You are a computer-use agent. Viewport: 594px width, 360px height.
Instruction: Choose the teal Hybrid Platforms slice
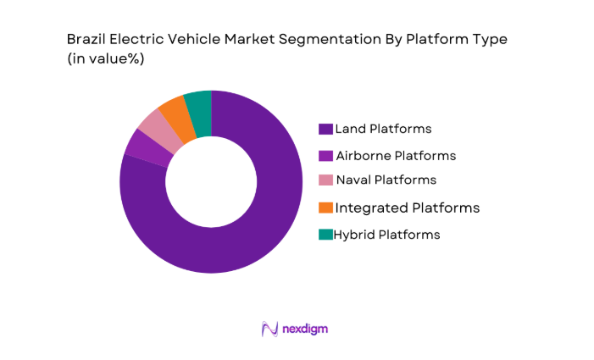click(198, 102)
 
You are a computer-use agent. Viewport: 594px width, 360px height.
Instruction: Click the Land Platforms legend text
click(383, 129)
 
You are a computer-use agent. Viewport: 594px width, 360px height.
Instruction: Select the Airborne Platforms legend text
click(396, 156)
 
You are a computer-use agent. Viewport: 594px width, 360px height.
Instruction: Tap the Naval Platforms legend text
click(386, 180)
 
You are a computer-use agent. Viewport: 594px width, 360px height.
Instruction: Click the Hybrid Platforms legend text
click(386, 235)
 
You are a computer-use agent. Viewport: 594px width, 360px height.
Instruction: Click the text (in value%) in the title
click(107, 60)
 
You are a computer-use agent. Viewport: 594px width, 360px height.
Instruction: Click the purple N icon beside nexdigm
click(270, 329)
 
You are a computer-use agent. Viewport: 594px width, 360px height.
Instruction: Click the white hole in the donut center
click(211, 182)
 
